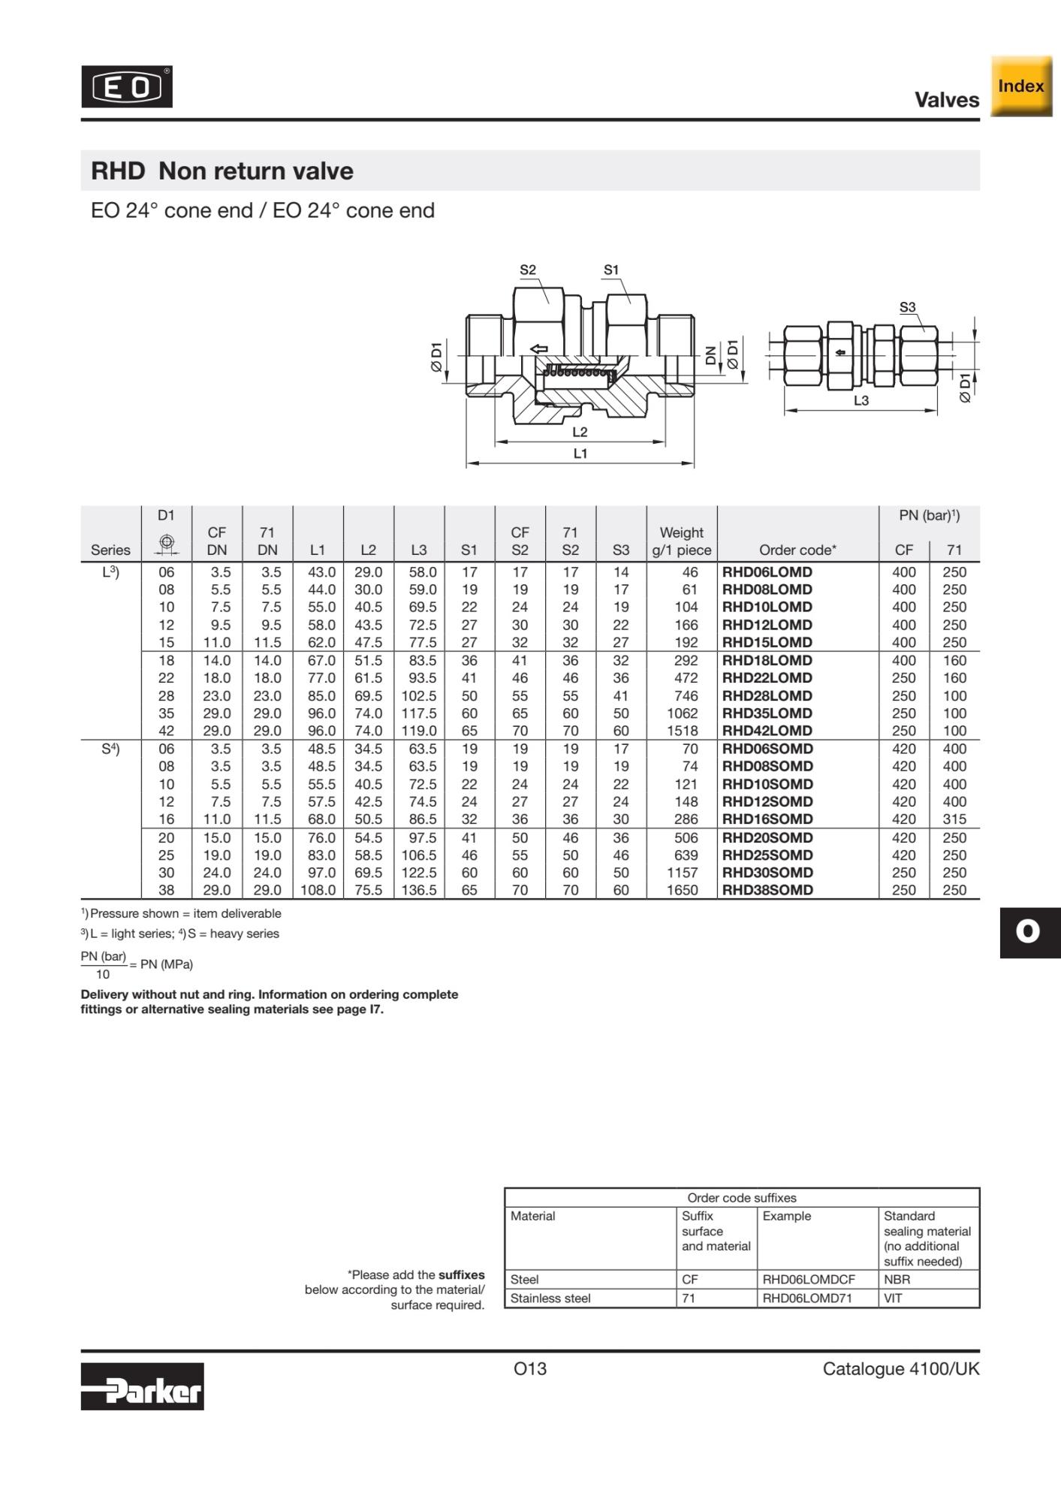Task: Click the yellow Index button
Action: pyautogui.click(x=1020, y=86)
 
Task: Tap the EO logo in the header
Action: pyautogui.click(x=127, y=87)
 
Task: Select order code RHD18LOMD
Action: pyautogui.click(x=767, y=660)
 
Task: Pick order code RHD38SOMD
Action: pyautogui.click(x=767, y=890)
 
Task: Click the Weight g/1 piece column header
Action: pyautogui.click(x=681, y=541)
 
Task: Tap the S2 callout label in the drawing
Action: pyautogui.click(x=528, y=270)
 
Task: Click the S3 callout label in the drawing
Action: pyautogui.click(x=907, y=307)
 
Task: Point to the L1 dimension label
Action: pyautogui.click(x=580, y=453)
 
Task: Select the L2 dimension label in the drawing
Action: pyautogui.click(x=580, y=432)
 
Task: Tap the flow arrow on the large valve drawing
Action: pyautogui.click(x=538, y=348)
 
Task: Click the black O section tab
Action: pyautogui.click(x=1029, y=932)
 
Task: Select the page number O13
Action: pyautogui.click(x=530, y=1368)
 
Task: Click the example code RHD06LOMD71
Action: pyautogui.click(x=807, y=1298)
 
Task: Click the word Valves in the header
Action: pyautogui.click(x=946, y=100)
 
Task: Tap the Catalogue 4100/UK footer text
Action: pyautogui.click(x=900, y=1368)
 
